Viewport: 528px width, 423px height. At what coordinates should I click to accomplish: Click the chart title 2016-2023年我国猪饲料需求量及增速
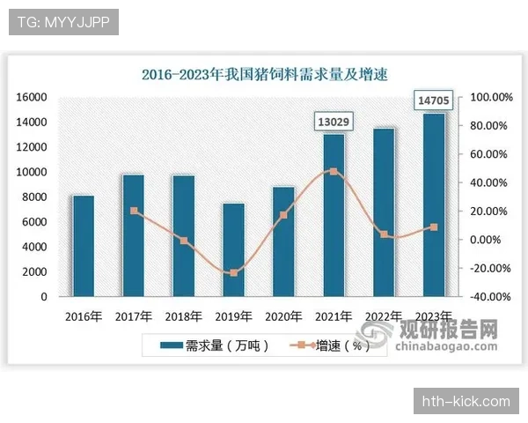[x=264, y=75]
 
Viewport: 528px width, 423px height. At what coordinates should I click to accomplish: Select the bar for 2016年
[x=83, y=247]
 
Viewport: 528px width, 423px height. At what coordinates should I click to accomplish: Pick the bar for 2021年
[x=334, y=216]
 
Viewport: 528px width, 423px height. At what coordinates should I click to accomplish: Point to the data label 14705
[x=434, y=101]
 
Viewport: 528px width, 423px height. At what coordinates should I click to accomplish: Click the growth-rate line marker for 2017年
[x=134, y=211]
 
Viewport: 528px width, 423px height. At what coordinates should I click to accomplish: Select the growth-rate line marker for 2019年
[x=233, y=273]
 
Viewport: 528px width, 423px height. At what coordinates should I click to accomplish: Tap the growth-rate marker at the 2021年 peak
[x=334, y=172]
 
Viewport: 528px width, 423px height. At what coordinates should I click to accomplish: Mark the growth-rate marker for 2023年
[x=434, y=227]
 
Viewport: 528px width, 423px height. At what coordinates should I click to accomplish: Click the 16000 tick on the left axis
[x=31, y=97]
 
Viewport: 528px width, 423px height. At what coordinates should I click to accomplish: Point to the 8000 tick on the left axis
[x=33, y=197]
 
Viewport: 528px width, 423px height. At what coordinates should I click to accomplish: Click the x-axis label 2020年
[x=283, y=315]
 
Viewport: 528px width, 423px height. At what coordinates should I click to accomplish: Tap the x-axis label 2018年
[x=183, y=315]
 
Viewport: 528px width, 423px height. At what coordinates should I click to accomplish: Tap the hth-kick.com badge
[x=466, y=401]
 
